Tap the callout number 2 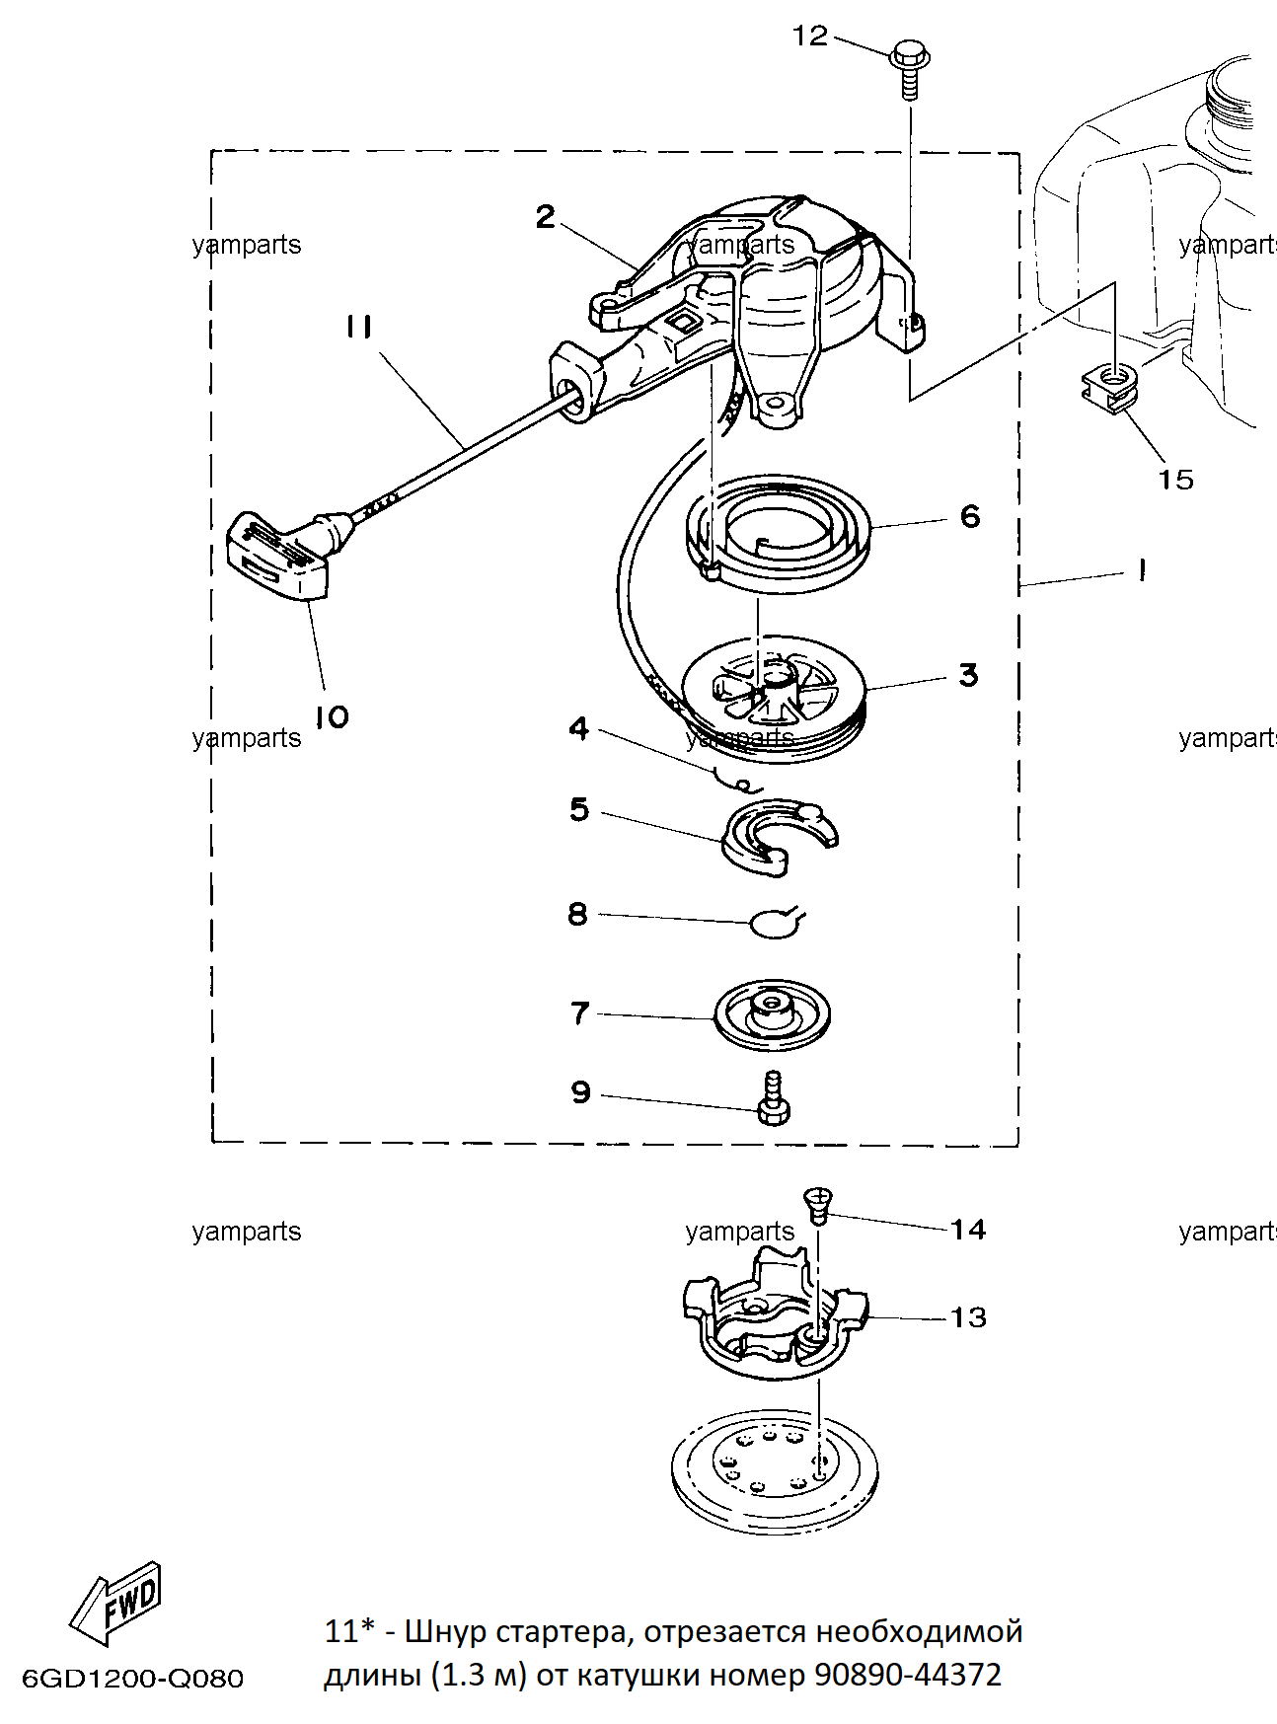tap(545, 217)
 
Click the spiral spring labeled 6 tap(778, 534)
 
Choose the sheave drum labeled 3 tap(775, 699)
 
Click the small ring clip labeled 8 tap(777, 923)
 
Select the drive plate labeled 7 tap(773, 1016)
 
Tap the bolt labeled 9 tap(773, 1097)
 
